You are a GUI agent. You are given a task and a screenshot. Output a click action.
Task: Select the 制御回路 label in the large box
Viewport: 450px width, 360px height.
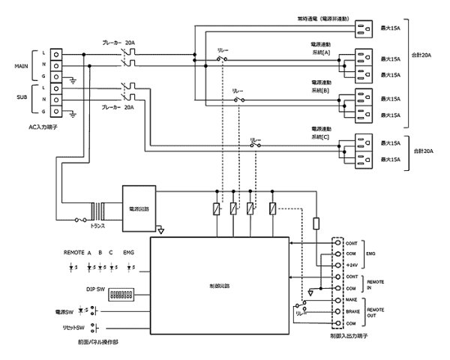pos(220,286)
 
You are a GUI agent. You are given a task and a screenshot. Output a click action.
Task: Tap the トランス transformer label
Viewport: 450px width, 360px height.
pos(97,225)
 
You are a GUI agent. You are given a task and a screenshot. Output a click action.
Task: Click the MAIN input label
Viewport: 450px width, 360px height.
pos(22,65)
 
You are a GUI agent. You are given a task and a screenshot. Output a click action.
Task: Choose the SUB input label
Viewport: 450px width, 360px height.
pos(22,97)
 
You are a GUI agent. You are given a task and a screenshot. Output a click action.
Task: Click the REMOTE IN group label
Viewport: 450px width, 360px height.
pos(378,282)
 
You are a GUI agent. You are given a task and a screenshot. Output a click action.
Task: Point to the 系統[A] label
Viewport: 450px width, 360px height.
pos(320,52)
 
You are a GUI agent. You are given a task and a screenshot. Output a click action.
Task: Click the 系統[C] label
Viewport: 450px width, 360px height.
pos(320,136)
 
